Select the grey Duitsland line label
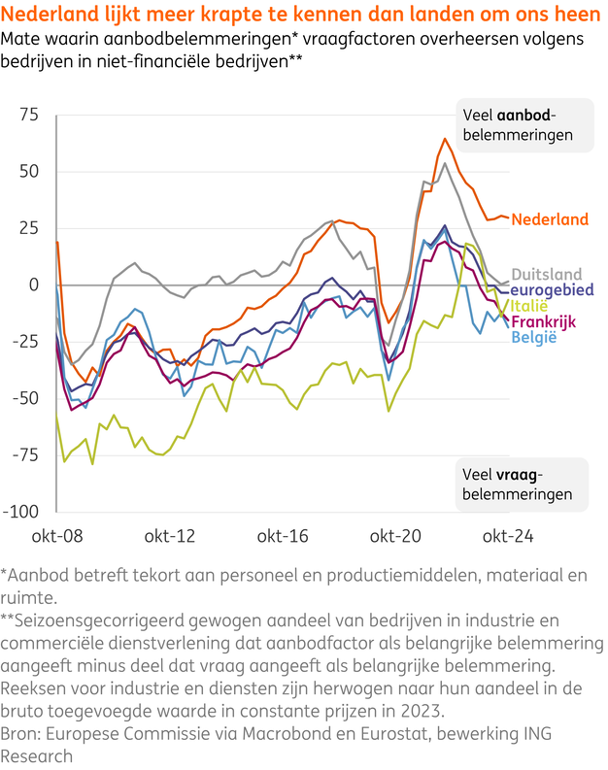pyautogui.click(x=547, y=274)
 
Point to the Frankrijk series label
pyautogui.click(x=547, y=321)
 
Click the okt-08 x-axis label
pyautogui.click(x=58, y=535)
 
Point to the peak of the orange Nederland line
pyautogui.click(x=445, y=139)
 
